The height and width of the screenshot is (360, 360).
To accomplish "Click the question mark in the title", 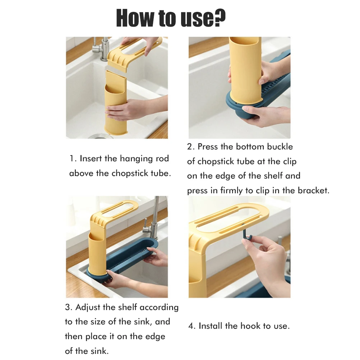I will click(218, 18).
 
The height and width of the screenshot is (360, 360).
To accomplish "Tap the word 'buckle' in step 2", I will click(280, 147).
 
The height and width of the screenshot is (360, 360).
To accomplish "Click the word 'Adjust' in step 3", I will click(88, 308).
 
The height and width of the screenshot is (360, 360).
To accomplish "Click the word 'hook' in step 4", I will click(250, 326).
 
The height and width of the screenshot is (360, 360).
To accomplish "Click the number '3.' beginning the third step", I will click(69, 308).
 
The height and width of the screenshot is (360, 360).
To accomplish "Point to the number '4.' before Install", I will click(192, 326).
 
